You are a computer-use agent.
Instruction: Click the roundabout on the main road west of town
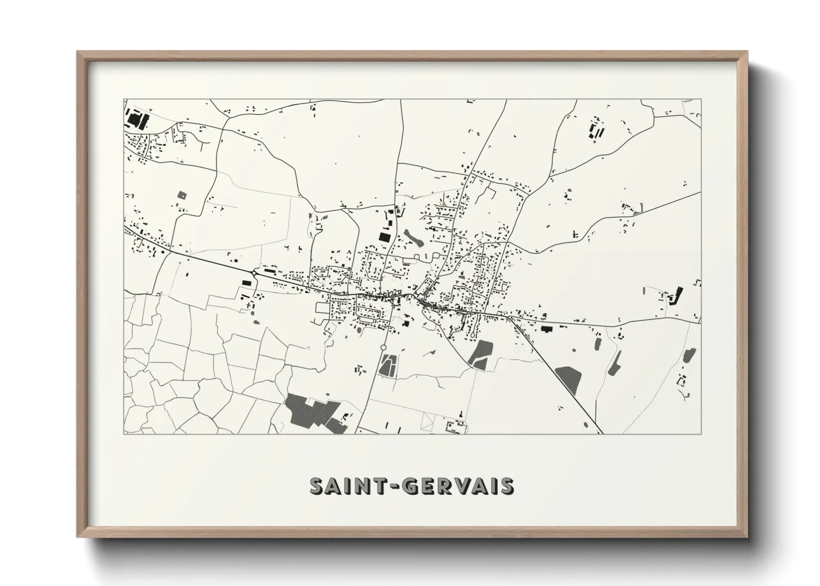pos(254,273)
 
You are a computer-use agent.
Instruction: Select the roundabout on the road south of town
pos(383,347)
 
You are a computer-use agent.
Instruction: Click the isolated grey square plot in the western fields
pos(182,195)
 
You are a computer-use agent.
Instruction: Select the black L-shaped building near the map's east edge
pos(675,296)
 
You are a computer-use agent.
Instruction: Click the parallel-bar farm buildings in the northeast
pos(597,131)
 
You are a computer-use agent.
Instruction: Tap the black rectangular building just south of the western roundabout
pos(246,282)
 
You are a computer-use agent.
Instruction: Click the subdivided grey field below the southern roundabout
pos(387,366)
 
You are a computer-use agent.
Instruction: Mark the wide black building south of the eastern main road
pos(547,330)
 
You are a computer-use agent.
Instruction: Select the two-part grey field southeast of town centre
pos(481,353)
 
